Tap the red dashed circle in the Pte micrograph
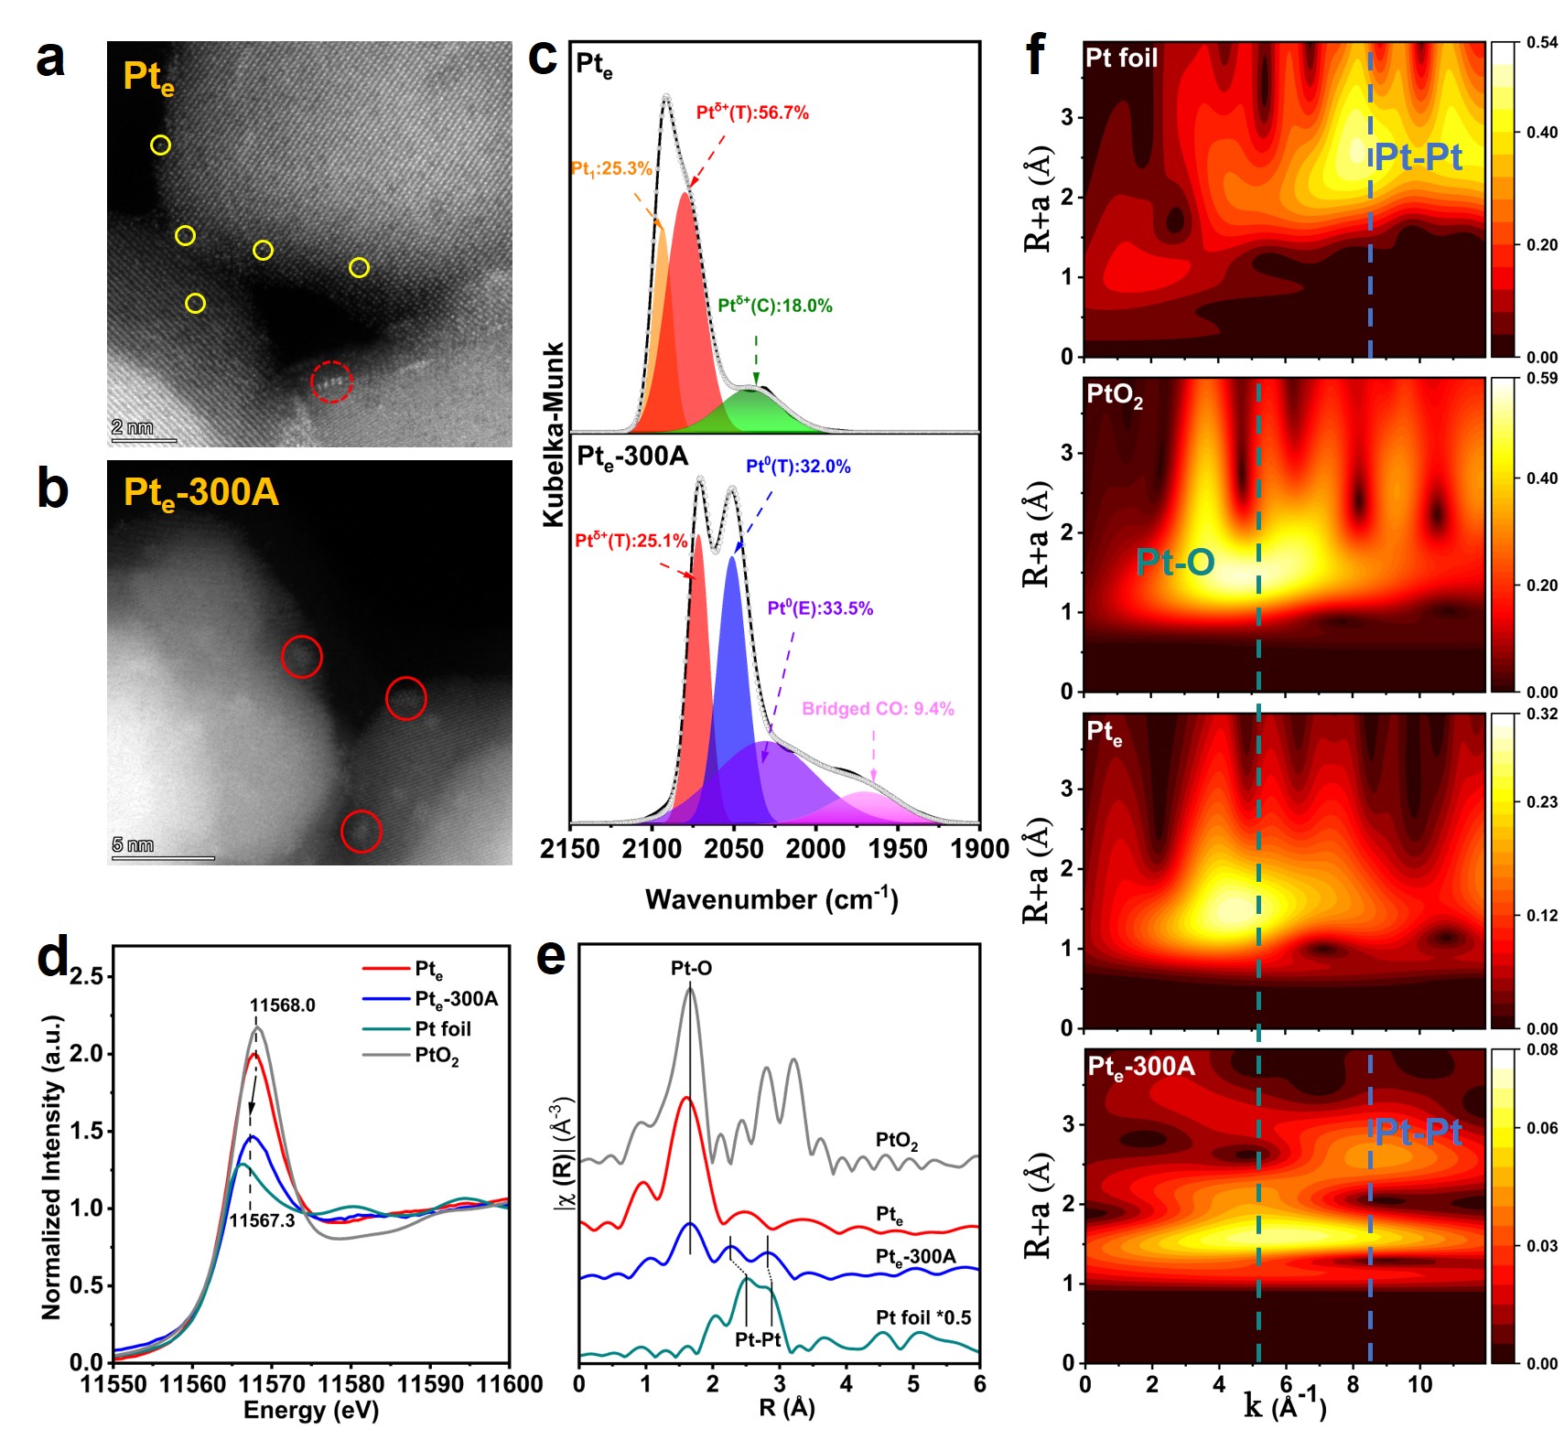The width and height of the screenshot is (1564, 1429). tap(331, 381)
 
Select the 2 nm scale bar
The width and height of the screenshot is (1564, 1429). tap(144, 441)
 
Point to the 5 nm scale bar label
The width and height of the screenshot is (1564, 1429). tap(133, 844)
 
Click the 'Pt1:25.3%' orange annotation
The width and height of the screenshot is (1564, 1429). tap(611, 168)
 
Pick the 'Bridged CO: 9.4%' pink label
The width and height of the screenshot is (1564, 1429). tap(878, 708)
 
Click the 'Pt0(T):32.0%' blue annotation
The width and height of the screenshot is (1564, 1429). tap(798, 467)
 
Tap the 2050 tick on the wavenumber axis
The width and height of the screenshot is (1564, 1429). tap(733, 849)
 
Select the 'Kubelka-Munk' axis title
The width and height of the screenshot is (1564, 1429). tap(554, 435)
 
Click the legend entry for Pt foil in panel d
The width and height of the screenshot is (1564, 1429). tap(443, 1028)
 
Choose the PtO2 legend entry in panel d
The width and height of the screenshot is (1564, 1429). tap(437, 1056)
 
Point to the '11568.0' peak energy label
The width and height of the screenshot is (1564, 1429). tap(282, 1005)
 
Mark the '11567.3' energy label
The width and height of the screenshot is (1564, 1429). tap(262, 1220)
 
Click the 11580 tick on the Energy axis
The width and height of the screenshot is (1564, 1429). tap(349, 1384)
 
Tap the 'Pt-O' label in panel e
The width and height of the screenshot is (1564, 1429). tap(691, 968)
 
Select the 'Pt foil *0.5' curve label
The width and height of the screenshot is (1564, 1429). tap(923, 1317)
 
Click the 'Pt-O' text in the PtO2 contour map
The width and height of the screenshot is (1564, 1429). tap(1175, 562)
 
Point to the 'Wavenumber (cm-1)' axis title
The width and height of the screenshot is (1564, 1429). tap(771, 899)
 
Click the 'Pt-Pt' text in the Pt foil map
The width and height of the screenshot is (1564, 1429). tap(1418, 157)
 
